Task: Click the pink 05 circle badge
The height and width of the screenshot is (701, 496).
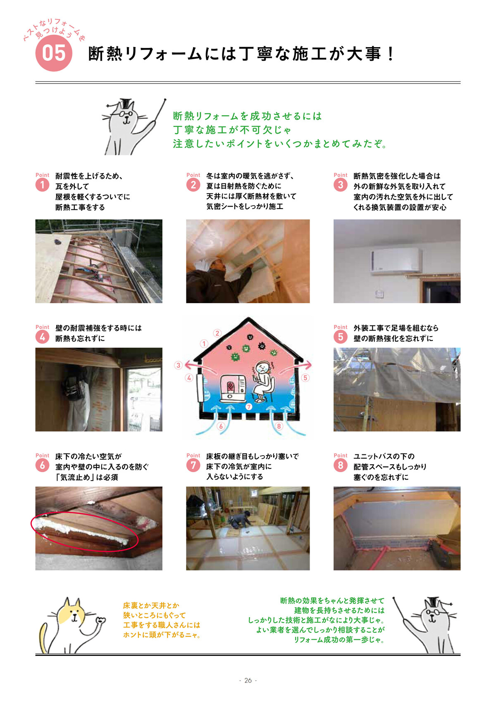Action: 54,53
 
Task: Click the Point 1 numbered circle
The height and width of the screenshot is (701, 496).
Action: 42,185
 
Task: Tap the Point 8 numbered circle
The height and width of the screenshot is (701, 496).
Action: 340,465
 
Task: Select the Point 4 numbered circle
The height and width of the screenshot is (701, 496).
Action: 42,337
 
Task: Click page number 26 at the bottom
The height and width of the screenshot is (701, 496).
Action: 248,680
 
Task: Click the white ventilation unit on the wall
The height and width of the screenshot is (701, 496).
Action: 396,260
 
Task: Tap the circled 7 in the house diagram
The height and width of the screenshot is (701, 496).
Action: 249,407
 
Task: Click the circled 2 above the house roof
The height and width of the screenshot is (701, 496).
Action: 217,333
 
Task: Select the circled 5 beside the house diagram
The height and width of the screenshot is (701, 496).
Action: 305,378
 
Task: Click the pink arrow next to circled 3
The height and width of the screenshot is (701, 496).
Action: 200,367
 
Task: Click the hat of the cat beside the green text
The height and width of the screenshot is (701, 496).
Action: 126,104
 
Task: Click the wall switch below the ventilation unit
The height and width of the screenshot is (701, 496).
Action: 379,294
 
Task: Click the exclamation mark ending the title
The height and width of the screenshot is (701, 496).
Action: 391,54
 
